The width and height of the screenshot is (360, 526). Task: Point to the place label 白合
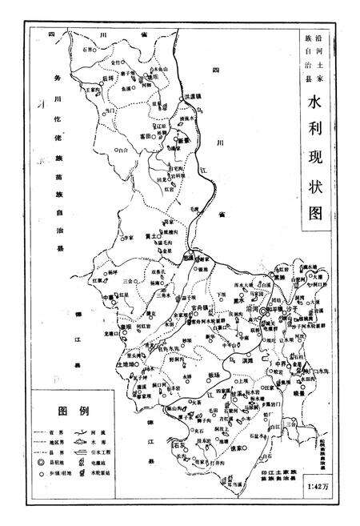coord(122,149)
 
